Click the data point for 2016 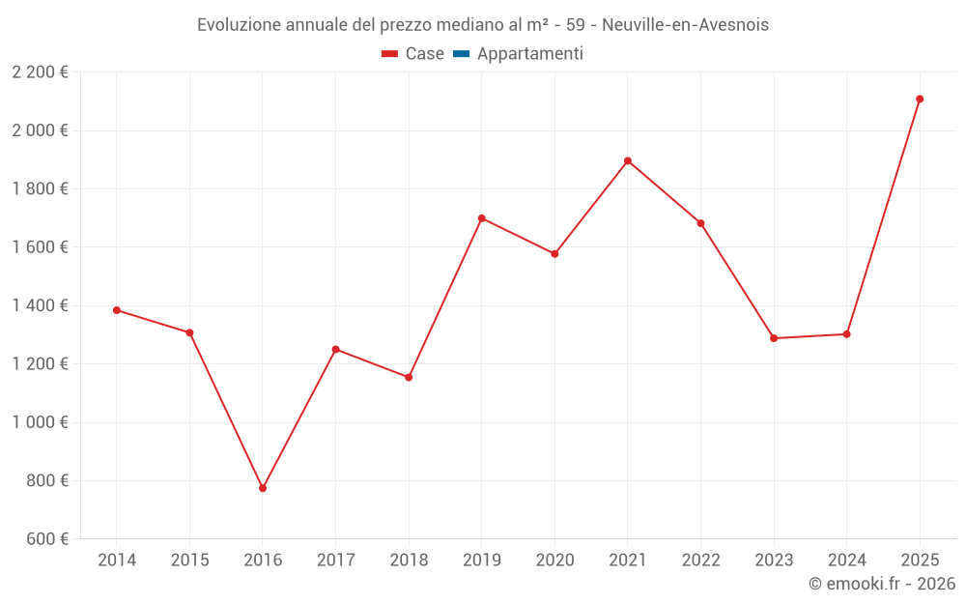(x=263, y=488)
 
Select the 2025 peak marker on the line (x=920, y=99)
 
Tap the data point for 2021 (x=628, y=160)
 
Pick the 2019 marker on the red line (x=482, y=218)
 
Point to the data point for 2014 (x=117, y=310)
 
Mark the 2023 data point (x=774, y=338)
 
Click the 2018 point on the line (x=409, y=377)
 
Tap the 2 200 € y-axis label (x=41, y=72)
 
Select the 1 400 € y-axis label (x=41, y=305)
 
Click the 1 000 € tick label (x=41, y=422)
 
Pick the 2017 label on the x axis (x=335, y=561)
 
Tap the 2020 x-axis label (x=554, y=561)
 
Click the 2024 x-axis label (x=846, y=561)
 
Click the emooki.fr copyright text (x=882, y=584)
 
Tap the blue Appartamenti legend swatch (x=461, y=54)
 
